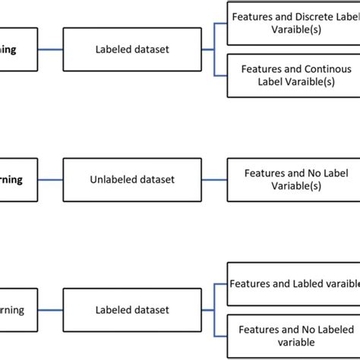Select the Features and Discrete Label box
(292, 21)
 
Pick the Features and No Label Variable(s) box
(292, 179)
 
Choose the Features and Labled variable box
(292, 283)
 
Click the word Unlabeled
(111, 180)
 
